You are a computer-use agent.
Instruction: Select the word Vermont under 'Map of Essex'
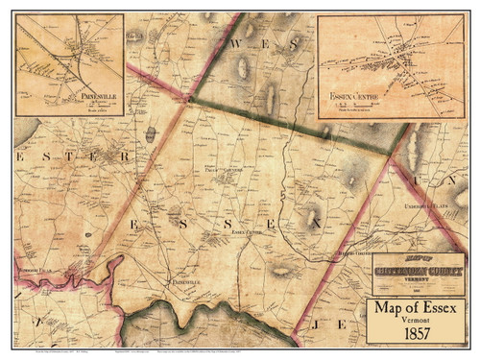pos(415,323)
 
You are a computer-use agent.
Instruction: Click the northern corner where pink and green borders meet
pos(190,98)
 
